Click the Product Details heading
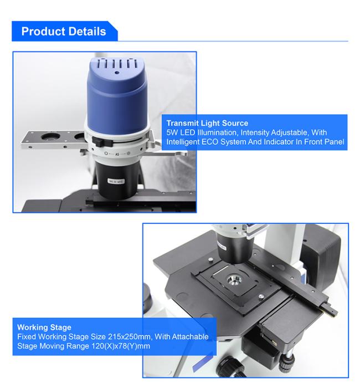[64, 32]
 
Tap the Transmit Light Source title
[207, 123]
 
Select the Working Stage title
[44, 328]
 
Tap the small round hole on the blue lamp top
[117, 72]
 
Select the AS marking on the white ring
[117, 154]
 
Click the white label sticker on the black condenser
[116, 181]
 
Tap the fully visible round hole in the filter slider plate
[50, 137]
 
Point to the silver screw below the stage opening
[261, 297]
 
